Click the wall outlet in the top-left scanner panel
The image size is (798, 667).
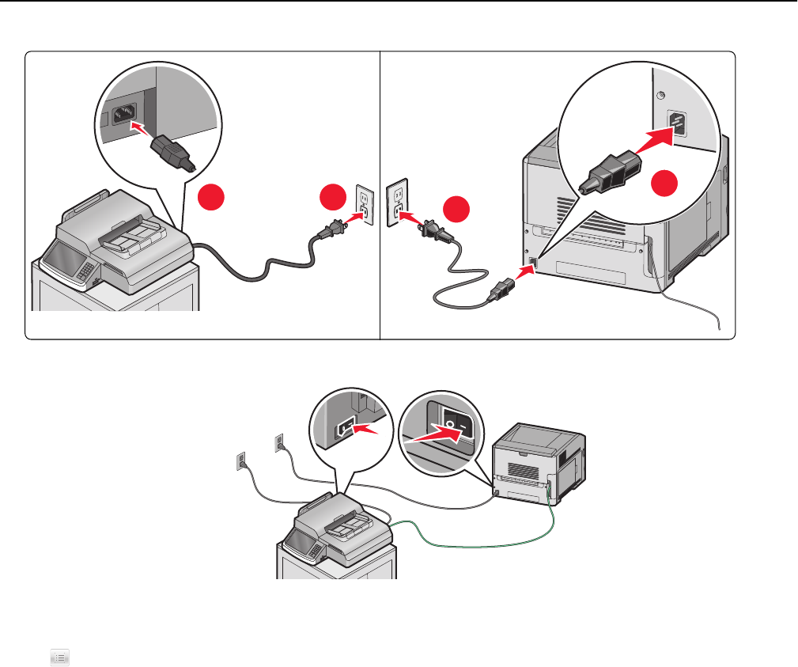point(363,205)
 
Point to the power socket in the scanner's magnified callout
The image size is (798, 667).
point(123,113)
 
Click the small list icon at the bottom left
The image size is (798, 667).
point(61,655)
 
